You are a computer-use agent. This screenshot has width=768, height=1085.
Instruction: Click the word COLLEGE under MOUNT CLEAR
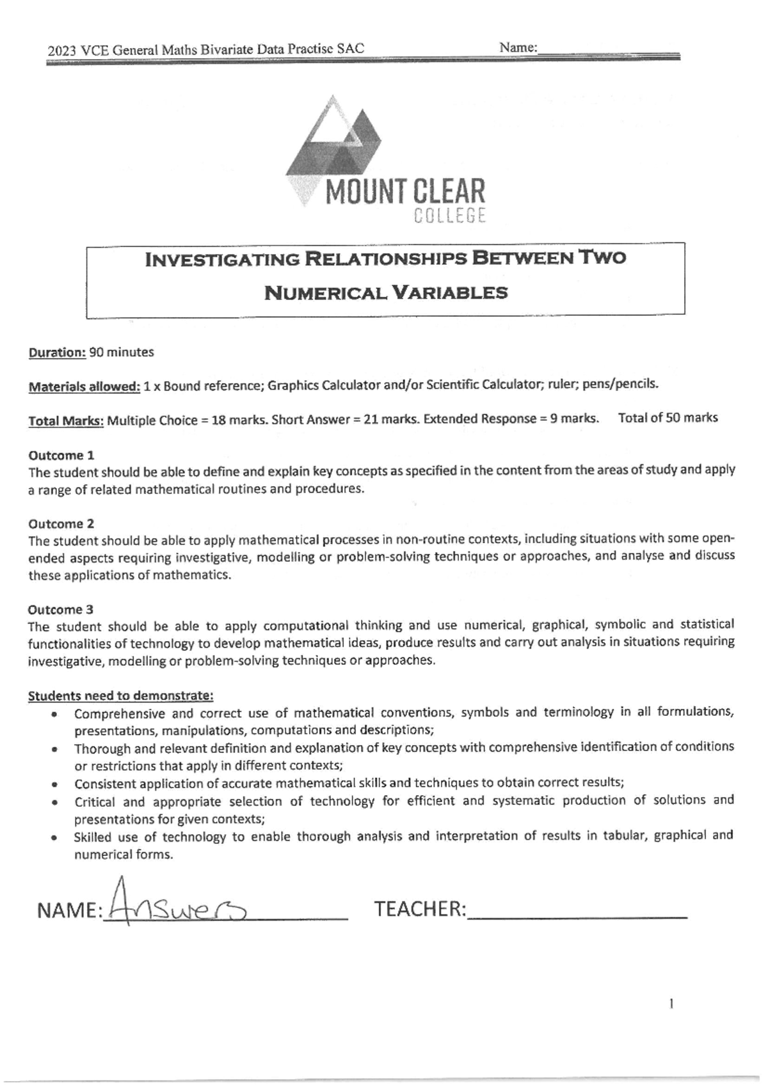pos(450,217)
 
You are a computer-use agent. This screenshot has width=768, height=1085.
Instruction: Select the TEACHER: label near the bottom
pos(420,909)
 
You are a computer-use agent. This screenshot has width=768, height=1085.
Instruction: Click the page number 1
pos(670,1004)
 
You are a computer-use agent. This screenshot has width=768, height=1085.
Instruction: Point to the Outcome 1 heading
pos(61,455)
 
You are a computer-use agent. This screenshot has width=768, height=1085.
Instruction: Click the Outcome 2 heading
pos(61,523)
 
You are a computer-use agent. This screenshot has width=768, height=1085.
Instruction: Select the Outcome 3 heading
pos(61,609)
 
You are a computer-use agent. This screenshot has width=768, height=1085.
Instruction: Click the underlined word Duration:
pos(57,352)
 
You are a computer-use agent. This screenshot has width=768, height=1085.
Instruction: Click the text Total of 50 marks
pos(668,418)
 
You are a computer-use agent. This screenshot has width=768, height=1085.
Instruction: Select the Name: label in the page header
pos(518,47)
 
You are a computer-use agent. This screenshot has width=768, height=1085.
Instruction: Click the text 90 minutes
pos(122,352)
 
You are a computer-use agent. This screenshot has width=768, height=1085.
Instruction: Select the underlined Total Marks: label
pos(66,421)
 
